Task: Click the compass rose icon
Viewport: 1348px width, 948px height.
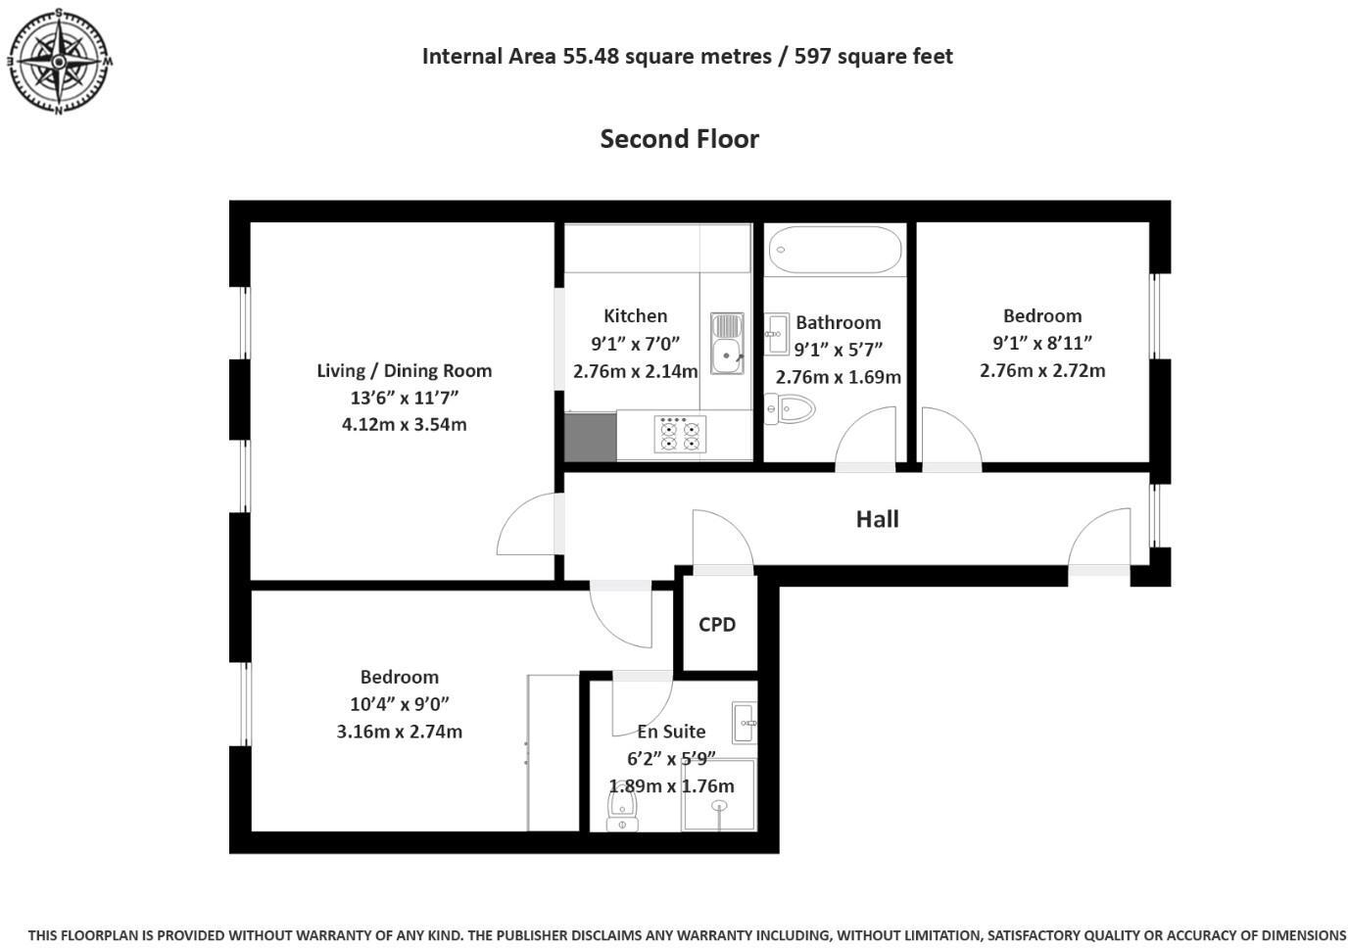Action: click(x=59, y=62)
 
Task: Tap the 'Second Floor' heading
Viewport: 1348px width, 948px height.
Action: click(x=679, y=139)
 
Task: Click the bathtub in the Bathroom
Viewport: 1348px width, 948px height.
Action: click(x=835, y=249)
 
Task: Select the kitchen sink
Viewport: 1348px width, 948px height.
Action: click(x=726, y=343)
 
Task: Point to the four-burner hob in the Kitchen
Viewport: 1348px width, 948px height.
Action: click(x=680, y=434)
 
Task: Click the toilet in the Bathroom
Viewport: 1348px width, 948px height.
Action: click(x=790, y=408)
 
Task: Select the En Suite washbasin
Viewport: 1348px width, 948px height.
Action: click(x=744, y=723)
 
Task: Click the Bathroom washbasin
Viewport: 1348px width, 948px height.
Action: click(x=777, y=333)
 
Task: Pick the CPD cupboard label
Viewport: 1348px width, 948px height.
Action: click(x=717, y=625)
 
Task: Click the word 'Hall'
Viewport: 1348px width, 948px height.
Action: click(x=877, y=519)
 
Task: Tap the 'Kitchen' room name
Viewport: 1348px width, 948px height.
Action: click(x=635, y=315)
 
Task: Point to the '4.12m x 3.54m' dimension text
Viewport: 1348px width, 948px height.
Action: click(x=404, y=425)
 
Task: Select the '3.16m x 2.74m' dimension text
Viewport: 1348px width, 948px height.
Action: click(x=399, y=732)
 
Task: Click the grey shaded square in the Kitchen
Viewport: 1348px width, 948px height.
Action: click(x=590, y=436)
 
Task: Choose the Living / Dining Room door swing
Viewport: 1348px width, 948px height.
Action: click(x=529, y=524)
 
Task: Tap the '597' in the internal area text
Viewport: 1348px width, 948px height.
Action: click(x=812, y=57)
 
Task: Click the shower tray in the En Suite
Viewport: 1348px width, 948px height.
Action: click(x=720, y=795)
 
